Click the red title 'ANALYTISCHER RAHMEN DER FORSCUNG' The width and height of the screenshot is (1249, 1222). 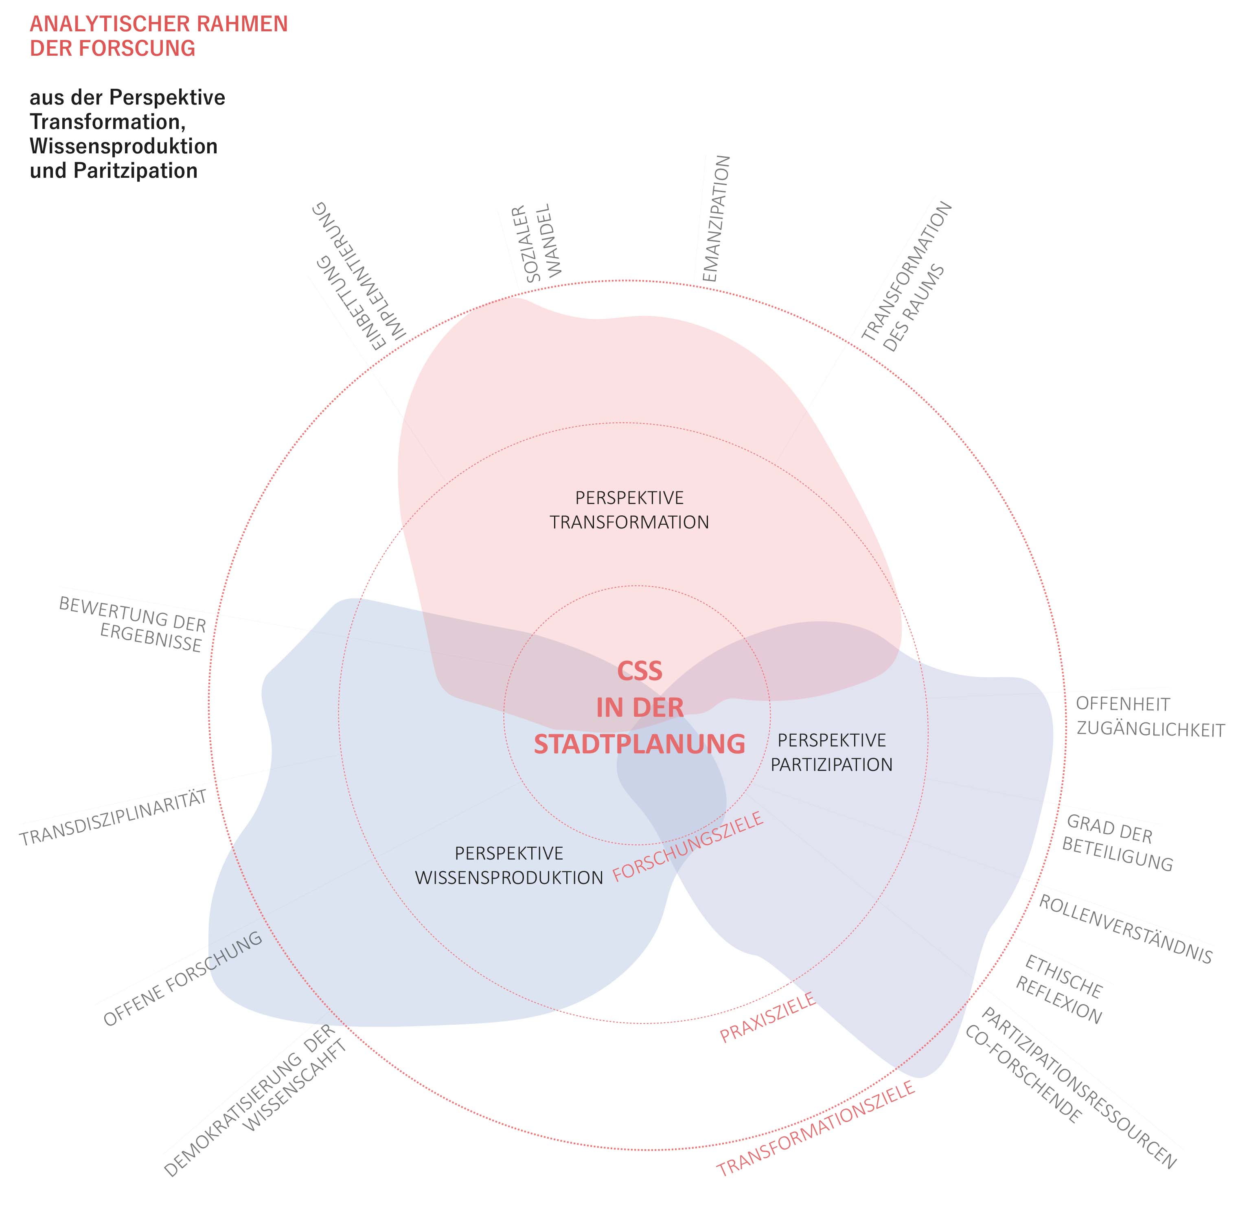(x=159, y=36)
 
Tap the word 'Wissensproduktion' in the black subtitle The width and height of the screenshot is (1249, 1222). (x=123, y=146)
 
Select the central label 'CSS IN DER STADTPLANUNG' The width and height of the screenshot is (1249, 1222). (x=639, y=707)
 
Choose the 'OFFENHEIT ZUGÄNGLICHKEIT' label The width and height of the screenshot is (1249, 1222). (x=1150, y=717)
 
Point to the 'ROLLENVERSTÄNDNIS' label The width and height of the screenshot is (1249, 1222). (x=1125, y=929)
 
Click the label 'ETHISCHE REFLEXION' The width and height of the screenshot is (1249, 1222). (x=1060, y=990)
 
